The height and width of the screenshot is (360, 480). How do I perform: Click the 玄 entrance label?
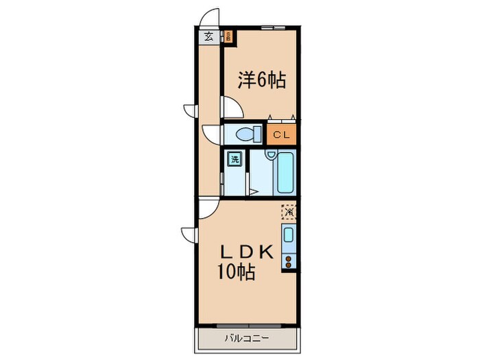tap(206, 37)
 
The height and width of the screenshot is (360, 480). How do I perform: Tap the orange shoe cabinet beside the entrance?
tap(228, 37)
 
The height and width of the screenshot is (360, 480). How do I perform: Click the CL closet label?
tap(281, 134)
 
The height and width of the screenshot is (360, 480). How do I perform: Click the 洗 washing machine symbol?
tap(235, 160)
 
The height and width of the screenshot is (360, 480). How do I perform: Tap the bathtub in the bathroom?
tap(285, 174)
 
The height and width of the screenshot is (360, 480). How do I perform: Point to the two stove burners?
tap(289, 261)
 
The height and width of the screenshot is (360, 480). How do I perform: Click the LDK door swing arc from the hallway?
tap(208, 207)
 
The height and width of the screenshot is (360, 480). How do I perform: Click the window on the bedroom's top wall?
tap(273, 27)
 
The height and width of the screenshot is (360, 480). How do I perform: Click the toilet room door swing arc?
tap(211, 134)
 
